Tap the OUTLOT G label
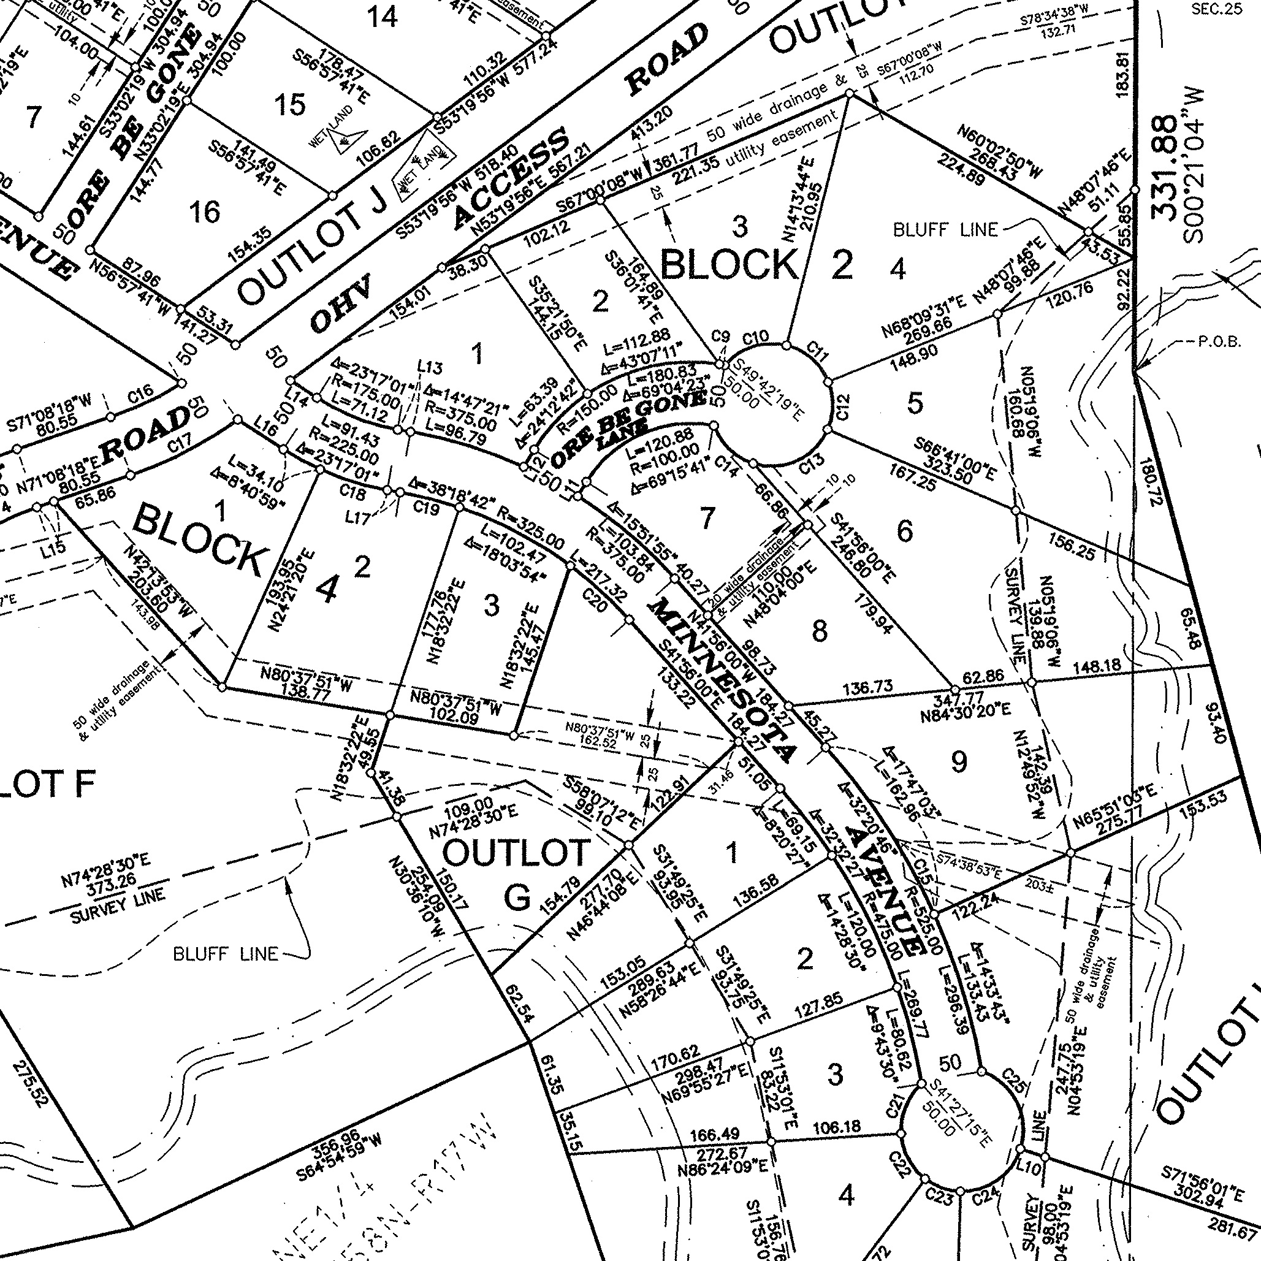(x=516, y=875)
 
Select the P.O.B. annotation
(x=1219, y=342)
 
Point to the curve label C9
(x=720, y=337)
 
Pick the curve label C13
(x=812, y=465)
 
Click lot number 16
(x=204, y=212)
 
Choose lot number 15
(x=290, y=104)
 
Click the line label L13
(x=430, y=367)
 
